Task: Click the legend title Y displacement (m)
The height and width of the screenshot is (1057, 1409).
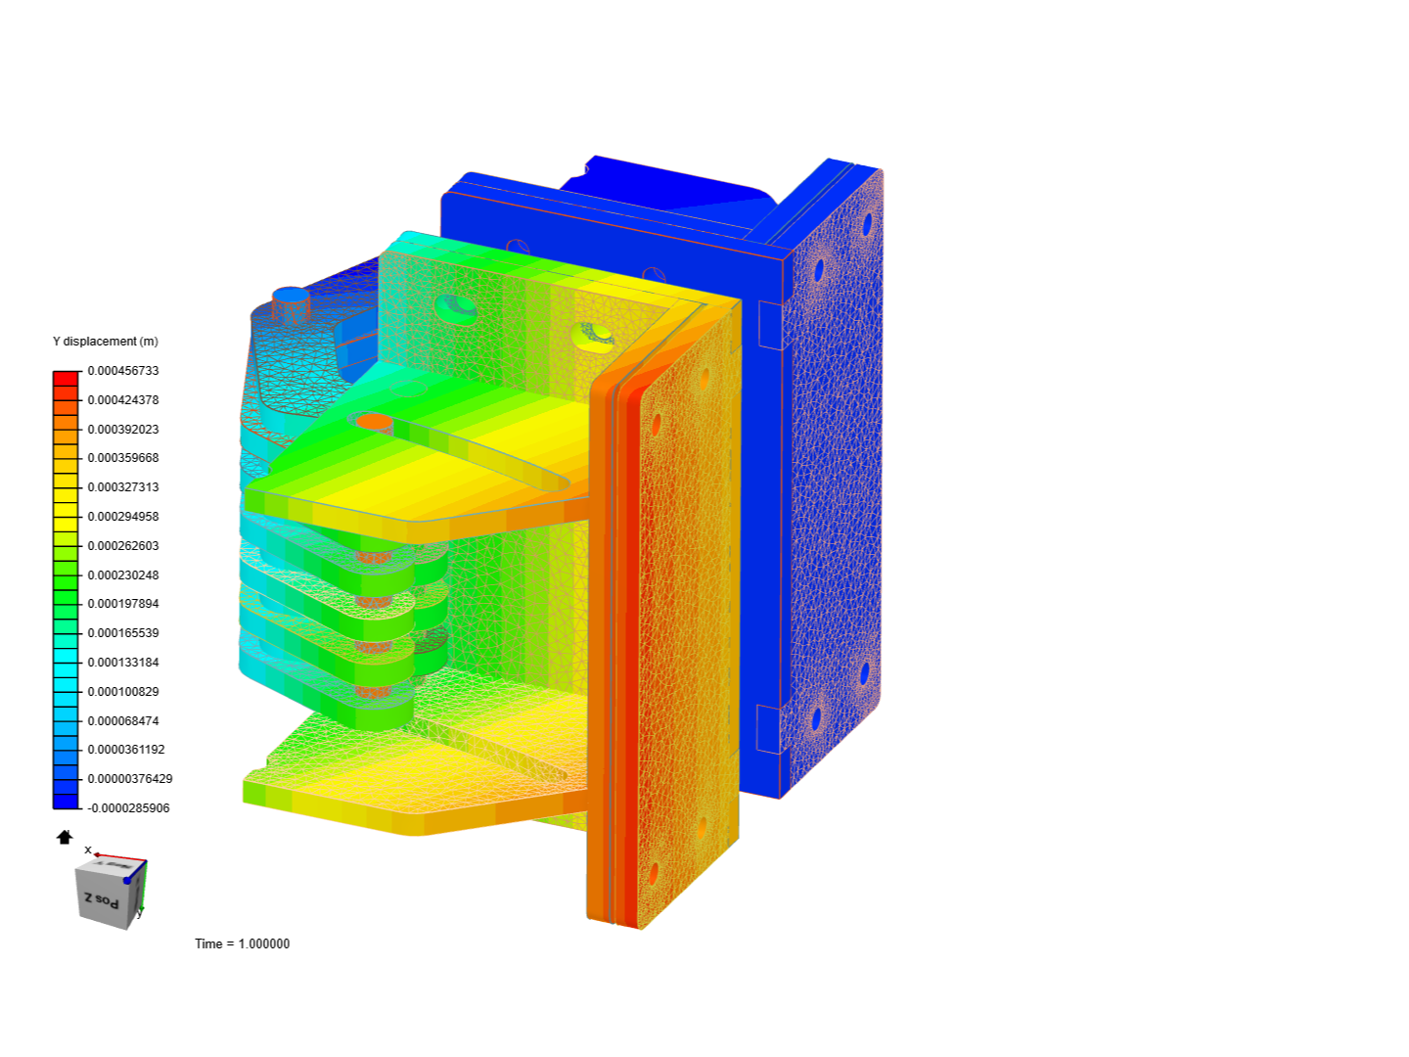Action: click(105, 342)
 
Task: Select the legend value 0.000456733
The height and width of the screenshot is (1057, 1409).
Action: click(123, 371)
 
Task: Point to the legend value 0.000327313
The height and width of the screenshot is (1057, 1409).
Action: click(123, 487)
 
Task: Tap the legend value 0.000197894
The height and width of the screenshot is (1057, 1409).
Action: click(123, 604)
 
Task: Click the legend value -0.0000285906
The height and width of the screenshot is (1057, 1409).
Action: click(128, 808)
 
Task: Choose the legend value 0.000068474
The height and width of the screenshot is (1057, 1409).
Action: click(123, 721)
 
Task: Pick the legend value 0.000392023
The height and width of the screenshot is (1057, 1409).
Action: click(123, 430)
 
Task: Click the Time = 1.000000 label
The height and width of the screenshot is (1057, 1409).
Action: click(242, 943)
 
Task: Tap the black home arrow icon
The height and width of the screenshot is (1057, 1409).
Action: click(65, 837)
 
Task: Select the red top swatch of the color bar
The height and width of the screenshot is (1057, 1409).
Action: click(66, 378)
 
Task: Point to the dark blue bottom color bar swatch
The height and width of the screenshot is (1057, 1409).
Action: click(66, 802)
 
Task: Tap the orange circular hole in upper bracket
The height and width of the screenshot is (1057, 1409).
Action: click(374, 422)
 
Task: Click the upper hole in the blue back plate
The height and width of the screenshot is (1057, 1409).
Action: click(866, 225)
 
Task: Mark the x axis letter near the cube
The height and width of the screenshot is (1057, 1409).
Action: click(88, 850)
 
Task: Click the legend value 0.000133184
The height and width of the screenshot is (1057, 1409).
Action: click(123, 663)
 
